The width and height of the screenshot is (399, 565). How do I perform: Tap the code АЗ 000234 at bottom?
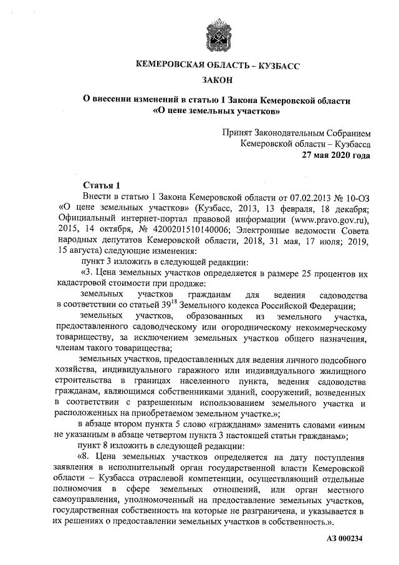point(345,538)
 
